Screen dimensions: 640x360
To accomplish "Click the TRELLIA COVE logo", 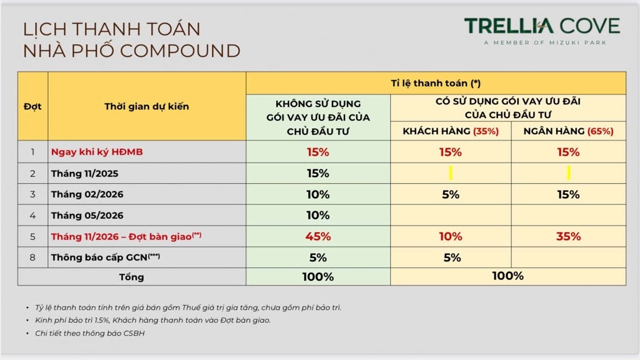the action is point(542,26).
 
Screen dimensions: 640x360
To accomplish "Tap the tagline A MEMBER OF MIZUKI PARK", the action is point(545,43).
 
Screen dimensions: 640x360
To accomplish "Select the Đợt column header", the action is point(33,107).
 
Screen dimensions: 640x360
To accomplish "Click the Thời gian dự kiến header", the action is point(147,107).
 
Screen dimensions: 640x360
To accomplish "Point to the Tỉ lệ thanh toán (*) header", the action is point(436,83).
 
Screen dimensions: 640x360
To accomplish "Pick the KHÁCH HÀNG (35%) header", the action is point(450,131).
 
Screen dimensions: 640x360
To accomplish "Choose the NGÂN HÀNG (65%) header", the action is point(568,131).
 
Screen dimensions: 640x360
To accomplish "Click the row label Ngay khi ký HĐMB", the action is point(97,152).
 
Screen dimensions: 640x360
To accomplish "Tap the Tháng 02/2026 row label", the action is point(87,194).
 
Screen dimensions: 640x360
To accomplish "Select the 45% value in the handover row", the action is point(318,236).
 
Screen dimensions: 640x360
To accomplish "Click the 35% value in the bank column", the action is point(568,236).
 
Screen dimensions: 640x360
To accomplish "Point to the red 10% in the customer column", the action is point(450,236).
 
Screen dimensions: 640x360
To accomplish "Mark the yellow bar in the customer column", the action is point(451,173).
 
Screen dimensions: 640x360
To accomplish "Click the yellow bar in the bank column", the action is point(568,173).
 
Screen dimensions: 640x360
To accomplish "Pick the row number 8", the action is point(33,257).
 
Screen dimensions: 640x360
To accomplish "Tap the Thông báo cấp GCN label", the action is point(105,257).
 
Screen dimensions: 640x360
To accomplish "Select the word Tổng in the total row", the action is point(132,277).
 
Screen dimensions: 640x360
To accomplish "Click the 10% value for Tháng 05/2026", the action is point(318,215).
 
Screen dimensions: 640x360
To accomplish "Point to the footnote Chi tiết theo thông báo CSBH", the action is point(90,333).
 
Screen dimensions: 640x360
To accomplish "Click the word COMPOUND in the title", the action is point(180,51).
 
